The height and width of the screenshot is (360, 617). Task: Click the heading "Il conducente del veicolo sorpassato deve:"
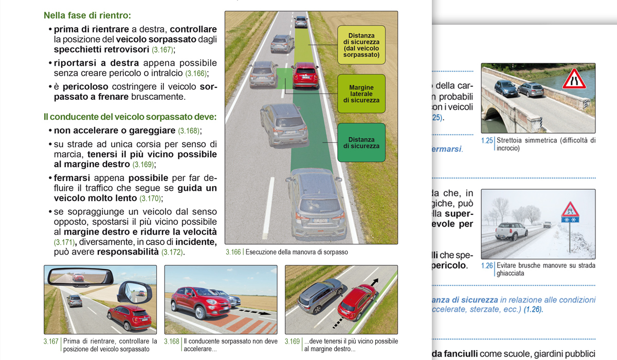pyautogui.click(x=130, y=117)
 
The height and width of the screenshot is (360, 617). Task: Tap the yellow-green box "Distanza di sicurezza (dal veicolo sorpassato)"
pyautogui.click(x=361, y=45)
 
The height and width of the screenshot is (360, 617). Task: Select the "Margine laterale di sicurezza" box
pyautogui.click(x=361, y=94)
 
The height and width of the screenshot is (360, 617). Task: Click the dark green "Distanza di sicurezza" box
pyautogui.click(x=361, y=142)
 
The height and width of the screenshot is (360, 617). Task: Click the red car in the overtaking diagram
pyautogui.click(x=305, y=76)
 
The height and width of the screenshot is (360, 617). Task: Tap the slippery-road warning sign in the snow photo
pyautogui.click(x=570, y=211)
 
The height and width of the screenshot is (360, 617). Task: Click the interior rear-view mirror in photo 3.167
pyautogui.click(x=79, y=278)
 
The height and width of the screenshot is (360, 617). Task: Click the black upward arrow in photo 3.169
pyautogui.click(x=375, y=283)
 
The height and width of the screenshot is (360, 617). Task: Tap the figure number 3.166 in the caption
pyautogui.click(x=233, y=253)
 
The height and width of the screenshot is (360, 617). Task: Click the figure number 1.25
pyautogui.click(x=487, y=140)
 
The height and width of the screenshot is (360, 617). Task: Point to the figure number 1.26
pyautogui.click(x=487, y=266)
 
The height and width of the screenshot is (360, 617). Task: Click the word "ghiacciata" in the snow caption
pyautogui.click(x=515, y=274)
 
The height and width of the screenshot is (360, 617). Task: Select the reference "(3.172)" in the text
pyautogui.click(x=173, y=253)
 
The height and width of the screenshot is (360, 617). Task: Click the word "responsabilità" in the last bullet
pyautogui.click(x=128, y=252)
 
